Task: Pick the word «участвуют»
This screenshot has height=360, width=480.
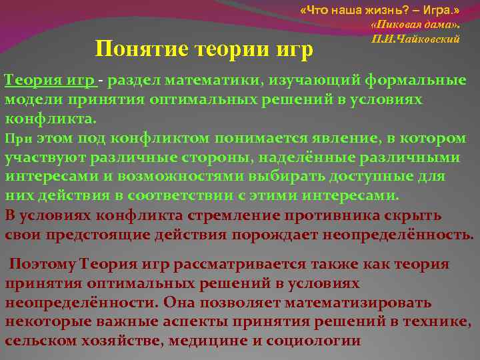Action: [x=42, y=158]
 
